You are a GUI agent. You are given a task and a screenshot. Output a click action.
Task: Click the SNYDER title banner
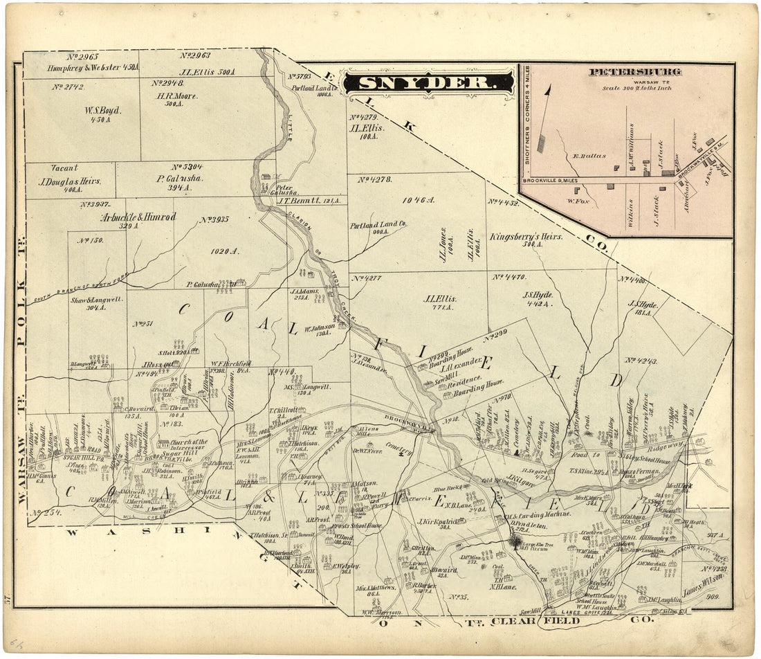click(x=428, y=83)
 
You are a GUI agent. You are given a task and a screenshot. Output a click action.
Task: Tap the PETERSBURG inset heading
click(x=634, y=72)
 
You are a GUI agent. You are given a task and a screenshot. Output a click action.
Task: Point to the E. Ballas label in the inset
click(x=585, y=156)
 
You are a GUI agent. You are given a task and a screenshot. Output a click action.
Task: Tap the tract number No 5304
click(x=187, y=167)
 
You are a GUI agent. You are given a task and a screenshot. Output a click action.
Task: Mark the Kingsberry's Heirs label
click(x=526, y=236)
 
